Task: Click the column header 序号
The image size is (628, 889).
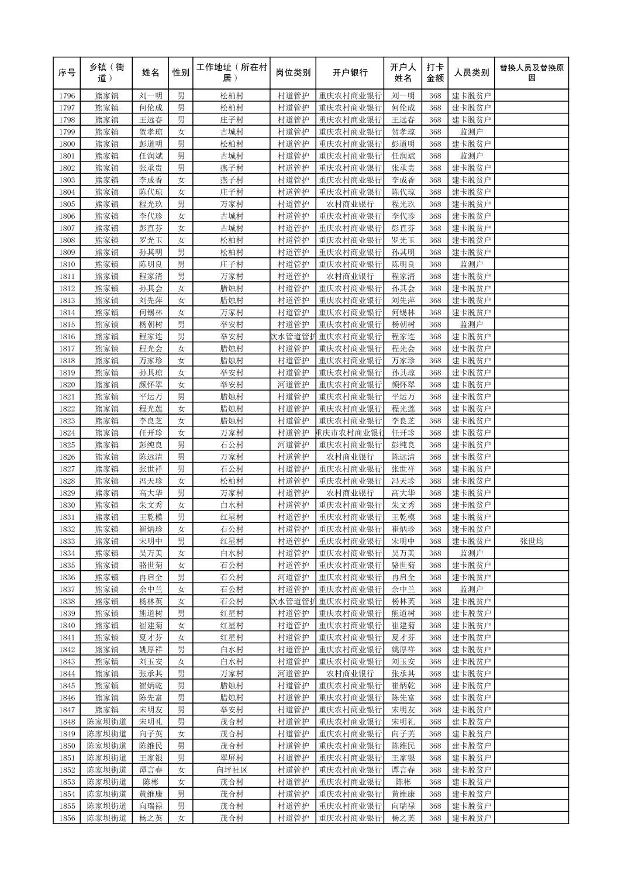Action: (x=67, y=73)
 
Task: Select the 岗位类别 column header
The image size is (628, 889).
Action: (x=293, y=73)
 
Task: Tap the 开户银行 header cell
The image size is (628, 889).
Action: (x=350, y=73)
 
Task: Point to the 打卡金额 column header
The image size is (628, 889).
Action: (x=434, y=73)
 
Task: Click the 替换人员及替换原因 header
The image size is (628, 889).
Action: (x=531, y=73)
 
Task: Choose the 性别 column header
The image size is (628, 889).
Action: (x=181, y=73)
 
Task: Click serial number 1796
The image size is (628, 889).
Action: (x=67, y=96)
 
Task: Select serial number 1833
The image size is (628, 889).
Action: (x=67, y=541)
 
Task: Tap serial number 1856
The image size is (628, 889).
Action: (x=67, y=818)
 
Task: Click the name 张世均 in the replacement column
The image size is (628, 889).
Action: (x=531, y=541)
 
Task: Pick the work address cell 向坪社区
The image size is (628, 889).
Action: (x=232, y=770)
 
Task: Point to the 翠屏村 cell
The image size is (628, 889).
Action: (x=232, y=758)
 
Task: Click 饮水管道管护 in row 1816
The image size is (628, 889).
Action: (x=293, y=337)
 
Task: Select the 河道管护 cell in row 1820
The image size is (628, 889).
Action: (x=293, y=385)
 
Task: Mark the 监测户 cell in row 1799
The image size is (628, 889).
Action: (x=471, y=132)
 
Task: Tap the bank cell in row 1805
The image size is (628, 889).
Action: (x=350, y=204)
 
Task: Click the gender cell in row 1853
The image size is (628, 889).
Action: (x=181, y=782)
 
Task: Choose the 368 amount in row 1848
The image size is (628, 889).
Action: (x=434, y=722)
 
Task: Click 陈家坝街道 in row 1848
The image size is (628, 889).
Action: (x=106, y=722)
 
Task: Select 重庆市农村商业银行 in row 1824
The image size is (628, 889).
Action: (x=350, y=433)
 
